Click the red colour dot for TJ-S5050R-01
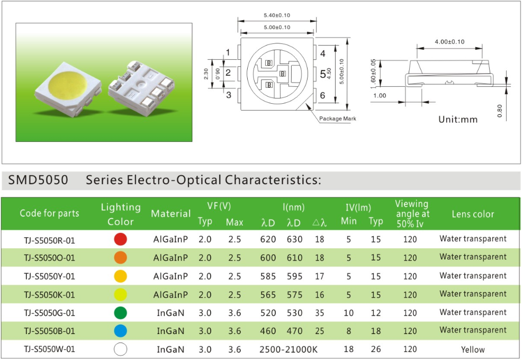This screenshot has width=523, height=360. pyautogui.click(x=120, y=239)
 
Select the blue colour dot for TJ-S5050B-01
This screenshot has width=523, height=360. pyautogui.click(x=120, y=331)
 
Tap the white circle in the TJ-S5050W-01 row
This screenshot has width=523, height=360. pyautogui.click(x=120, y=349)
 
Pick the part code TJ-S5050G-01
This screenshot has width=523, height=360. pyautogui.click(x=49, y=313)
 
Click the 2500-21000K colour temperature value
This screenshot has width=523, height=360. pyautogui.click(x=288, y=349)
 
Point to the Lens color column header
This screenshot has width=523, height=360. pyautogui.click(x=473, y=214)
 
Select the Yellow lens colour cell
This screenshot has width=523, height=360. pyautogui.click(x=473, y=349)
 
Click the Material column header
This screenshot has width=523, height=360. pyautogui.click(x=171, y=213)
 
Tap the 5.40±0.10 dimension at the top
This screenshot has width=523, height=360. pyautogui.click(x=277, y=15)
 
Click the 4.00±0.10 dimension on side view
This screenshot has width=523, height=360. pyautogui.click(x=449, y=42)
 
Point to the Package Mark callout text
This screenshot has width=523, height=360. pyautogui.click(x=338, y=119)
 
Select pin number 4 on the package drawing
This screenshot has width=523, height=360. pyautogui.click(x=322, y=53)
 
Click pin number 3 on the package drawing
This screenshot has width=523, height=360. pyautogui.click(x=229, y=95)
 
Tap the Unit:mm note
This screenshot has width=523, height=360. pyautogui.click(x=457, y=120)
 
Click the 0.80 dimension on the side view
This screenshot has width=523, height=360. pyautogui.click(x=499, y=111)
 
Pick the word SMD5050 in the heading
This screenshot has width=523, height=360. pyautogui.click(x=38, y=180)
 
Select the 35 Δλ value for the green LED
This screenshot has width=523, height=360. pyautogui.click(x=320, y=313)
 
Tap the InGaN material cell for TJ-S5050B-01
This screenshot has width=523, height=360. pyautogui.click(x=170, y=331)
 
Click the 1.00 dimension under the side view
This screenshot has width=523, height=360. pyautogui.click(x=380, y=95)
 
